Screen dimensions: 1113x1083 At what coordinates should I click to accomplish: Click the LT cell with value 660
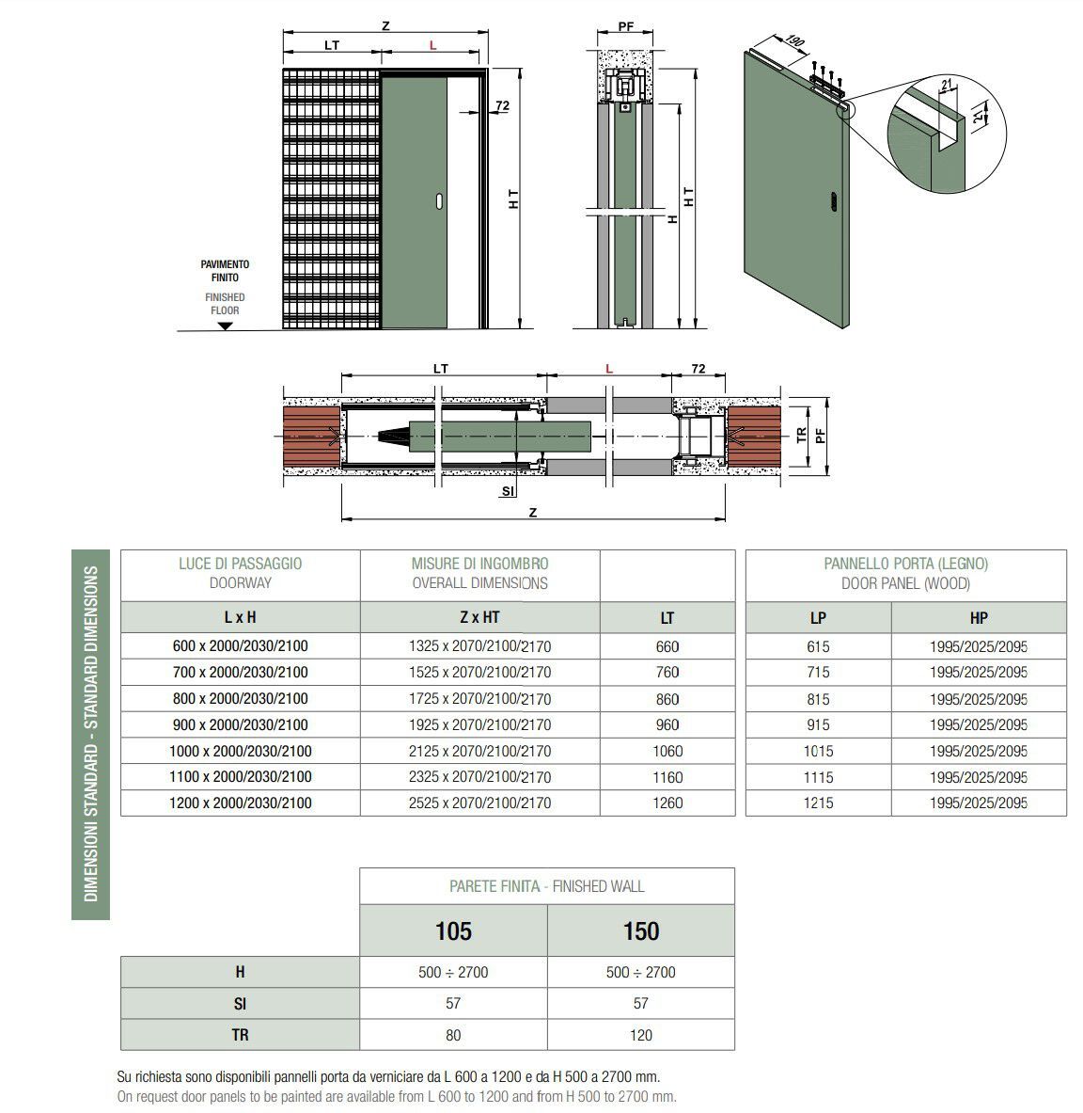point(667,646)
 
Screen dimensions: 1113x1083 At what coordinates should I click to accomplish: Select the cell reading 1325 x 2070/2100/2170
point(479,646)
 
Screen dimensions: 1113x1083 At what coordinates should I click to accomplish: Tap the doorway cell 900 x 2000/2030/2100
point(241,724)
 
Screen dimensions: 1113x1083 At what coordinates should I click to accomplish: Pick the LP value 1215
point(817,803)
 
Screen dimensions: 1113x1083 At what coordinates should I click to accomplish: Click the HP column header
point(978,617)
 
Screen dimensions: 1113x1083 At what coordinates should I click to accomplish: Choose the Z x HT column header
point(479,617)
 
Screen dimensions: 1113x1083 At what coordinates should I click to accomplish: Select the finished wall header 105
point(453,930)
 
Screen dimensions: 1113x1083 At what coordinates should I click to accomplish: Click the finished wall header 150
point(640,930)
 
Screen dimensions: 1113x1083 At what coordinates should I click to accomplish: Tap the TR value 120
point(640,1035)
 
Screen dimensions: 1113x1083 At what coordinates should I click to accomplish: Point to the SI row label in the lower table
point(240,1004)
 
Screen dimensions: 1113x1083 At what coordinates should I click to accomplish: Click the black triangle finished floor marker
point(224,326)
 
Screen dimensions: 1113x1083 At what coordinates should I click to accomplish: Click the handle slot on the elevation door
point(438,199)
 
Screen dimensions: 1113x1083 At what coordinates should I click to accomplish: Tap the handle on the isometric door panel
point(830,200)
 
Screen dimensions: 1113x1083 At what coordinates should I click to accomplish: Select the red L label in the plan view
point(609,369)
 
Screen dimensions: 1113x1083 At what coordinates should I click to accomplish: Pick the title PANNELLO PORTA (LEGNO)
point(905,564)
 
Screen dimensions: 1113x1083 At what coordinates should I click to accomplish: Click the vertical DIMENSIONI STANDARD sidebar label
point(91,734)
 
